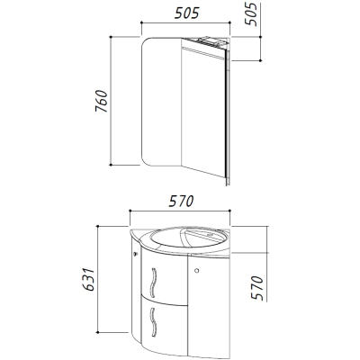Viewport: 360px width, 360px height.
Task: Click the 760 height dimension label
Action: tap(102, 101)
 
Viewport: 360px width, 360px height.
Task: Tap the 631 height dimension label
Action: tap(89, 280)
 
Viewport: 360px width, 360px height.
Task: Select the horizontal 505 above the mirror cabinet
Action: tap(187, 13)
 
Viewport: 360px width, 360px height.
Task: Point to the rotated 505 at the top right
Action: tap(251, 14)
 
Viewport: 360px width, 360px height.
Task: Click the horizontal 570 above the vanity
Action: tap(181, 202)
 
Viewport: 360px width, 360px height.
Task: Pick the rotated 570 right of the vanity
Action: tap(257, 288)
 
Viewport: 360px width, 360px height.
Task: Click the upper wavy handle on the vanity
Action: tap(153, 282)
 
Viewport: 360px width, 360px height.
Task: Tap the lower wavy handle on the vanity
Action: tap(153, 322)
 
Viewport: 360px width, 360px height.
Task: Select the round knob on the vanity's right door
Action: tap(196, 271)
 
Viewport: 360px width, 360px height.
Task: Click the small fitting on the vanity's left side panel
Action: tap(136, 255)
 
